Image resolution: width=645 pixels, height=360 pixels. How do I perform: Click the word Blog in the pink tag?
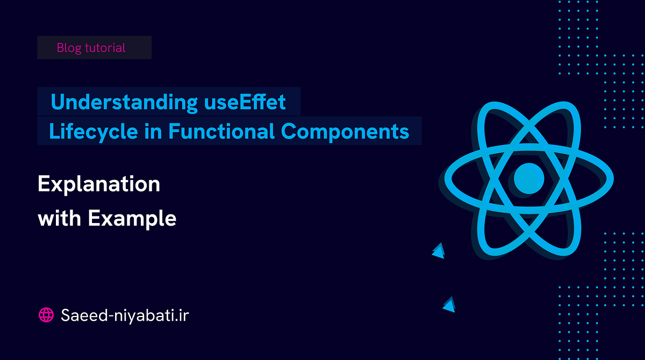coord(68,48)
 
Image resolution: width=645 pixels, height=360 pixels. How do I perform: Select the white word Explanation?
coord(99,185)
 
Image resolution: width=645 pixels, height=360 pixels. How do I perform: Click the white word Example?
coord(132,219)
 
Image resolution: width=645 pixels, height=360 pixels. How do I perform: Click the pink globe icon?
coord(46,315)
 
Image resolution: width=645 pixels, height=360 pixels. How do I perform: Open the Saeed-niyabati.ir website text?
coord(125,315)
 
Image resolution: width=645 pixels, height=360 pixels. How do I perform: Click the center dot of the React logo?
coord(529,178)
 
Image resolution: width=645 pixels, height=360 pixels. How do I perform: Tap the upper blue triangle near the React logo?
coord(439,250)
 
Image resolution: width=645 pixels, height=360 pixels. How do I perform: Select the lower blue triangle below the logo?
coord(449,305)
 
